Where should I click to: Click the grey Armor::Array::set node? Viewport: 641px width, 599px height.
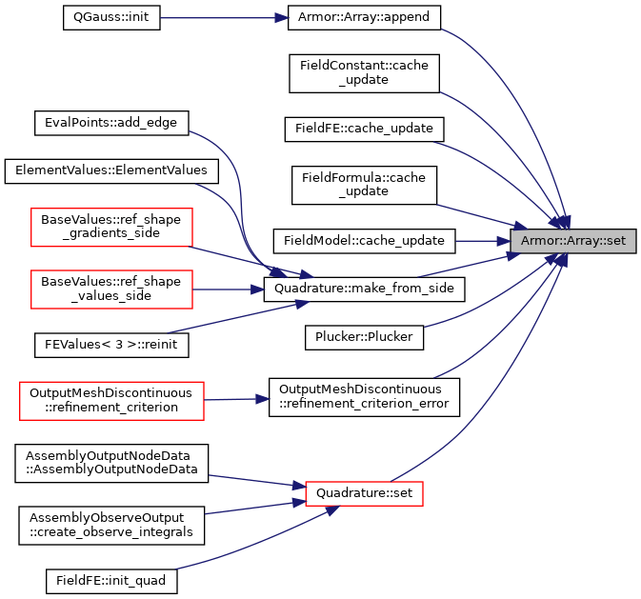pos(572,241)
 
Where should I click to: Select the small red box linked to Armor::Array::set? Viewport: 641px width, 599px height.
pos(364,493)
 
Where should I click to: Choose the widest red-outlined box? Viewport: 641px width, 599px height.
pos(111,400)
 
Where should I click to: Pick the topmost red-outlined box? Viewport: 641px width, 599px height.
pos(111,228)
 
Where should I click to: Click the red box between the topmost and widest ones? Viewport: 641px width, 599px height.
pos(111,290)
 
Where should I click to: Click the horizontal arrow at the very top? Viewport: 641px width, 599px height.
pos(219,18)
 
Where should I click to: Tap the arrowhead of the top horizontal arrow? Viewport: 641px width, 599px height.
pos(282,18)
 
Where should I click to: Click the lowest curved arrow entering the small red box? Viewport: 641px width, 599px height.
pos(248,548)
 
